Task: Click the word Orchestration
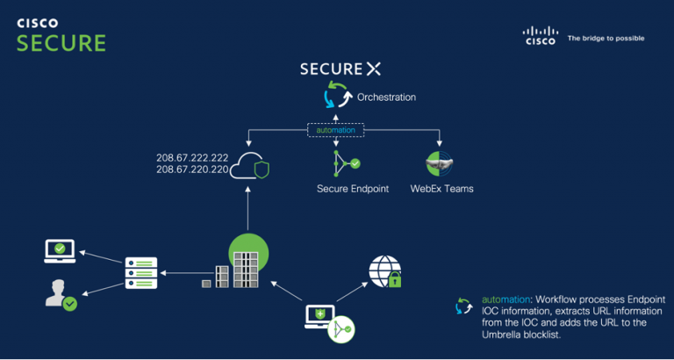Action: coord(386,97)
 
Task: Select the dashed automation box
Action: coord(334,130)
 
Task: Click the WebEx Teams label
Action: coord(441,189)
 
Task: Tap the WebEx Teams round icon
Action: coord(439,163)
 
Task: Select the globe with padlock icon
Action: coord(386,271)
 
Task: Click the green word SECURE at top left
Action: coord(61,43)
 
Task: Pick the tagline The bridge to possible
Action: coord(606,39)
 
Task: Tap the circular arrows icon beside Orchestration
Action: coord(334,95)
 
